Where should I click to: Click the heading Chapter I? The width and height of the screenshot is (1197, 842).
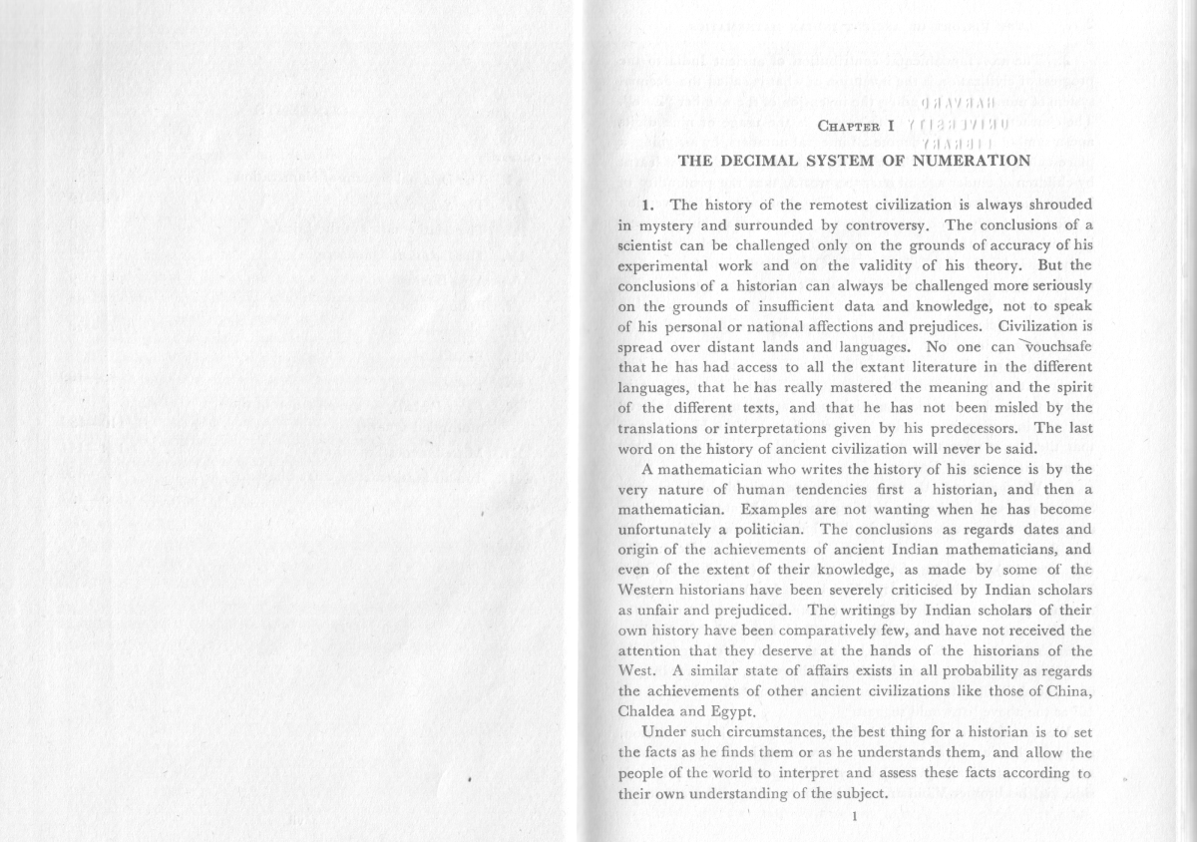click(x=854, y=127)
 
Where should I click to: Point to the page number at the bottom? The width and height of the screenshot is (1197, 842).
click(x=855, y=815)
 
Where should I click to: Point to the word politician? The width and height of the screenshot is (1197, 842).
click(x=767, y=529)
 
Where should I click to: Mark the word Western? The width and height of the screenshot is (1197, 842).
click(x=650, y=589)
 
